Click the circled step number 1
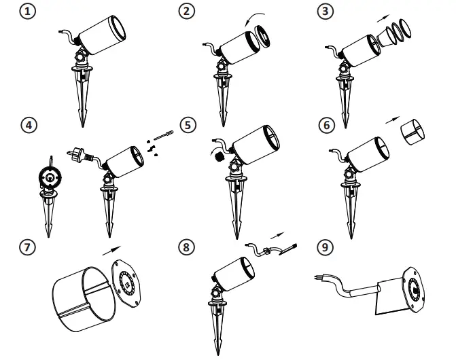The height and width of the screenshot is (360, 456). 28,12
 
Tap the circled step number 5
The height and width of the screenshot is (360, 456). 188,125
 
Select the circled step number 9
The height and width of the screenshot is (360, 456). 325,247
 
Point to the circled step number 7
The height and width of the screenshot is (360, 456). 27,247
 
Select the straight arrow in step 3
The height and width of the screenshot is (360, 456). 383,18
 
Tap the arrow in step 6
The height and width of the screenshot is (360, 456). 392,120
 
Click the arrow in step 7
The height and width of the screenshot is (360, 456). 111,251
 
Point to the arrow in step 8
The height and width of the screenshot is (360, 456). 277,236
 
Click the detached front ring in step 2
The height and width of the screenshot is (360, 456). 262,37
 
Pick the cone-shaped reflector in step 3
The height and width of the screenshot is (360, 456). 387,37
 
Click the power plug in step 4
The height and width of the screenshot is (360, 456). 76,154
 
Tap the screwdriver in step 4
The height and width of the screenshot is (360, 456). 163,135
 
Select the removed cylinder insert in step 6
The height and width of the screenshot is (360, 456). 413,132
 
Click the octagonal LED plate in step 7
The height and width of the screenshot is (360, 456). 126,283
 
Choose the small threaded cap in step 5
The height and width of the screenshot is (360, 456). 219,157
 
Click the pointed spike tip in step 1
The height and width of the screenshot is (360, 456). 83,126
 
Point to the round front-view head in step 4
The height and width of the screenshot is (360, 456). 50,177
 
